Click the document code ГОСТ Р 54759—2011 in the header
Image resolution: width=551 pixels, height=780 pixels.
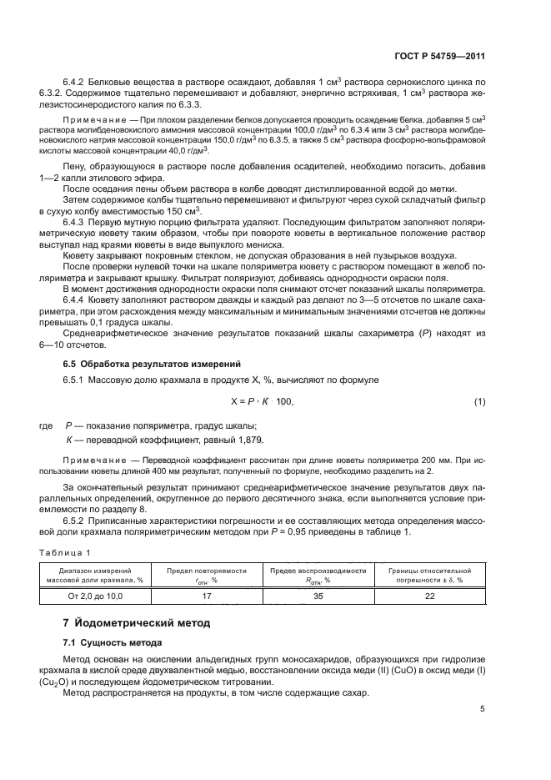[x=441, y=56]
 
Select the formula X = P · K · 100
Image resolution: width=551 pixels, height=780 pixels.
[x=261, y=402]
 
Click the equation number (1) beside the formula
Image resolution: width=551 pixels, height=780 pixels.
[x=479, y=402]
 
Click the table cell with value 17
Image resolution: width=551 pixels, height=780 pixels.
[x=207, y=596]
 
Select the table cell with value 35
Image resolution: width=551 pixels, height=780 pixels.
[x=318, y=596]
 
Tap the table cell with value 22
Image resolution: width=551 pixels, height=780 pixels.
[x=429, y=596]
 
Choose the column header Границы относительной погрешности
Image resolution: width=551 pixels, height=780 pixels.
[x=429, y=574]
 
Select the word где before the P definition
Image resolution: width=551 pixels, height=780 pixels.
[x=47, y=425]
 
